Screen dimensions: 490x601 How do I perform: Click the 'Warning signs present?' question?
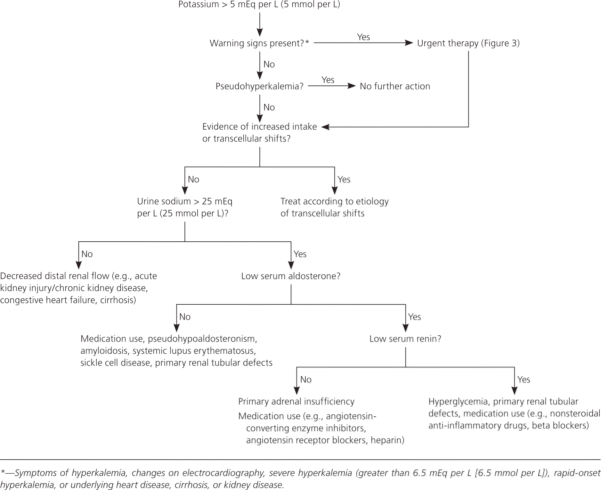259,43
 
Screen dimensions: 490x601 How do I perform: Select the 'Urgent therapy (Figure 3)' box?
468,43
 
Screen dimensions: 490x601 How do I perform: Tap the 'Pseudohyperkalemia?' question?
259,86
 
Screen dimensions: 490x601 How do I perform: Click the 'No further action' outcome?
395,86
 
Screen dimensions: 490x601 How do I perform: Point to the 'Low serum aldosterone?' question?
290,276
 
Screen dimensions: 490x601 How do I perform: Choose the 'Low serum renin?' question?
405,339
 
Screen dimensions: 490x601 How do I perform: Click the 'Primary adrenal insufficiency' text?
296,402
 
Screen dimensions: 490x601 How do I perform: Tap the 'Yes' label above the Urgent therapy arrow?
363,37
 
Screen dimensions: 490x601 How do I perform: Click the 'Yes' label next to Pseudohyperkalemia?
328,80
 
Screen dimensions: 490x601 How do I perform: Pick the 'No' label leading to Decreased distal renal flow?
87,254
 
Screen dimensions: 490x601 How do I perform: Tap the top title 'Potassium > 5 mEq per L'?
259,4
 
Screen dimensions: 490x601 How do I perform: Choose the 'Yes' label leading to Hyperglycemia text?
524,380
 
